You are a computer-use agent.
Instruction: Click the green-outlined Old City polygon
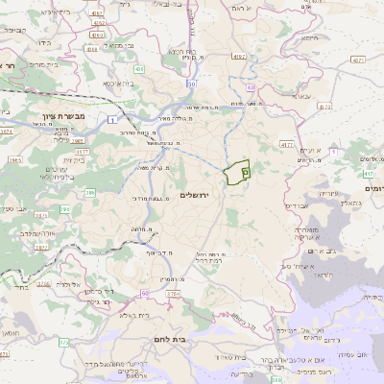pyautogui.click(x=235, y=172)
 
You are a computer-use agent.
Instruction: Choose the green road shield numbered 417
pyautogui.click(x=369, y=173)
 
